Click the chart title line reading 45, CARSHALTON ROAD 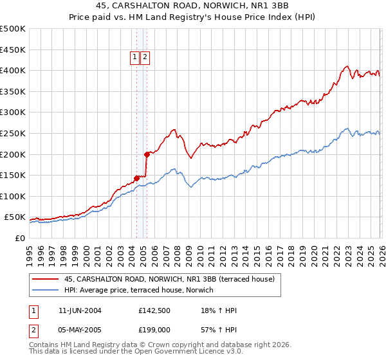pyautogui.click(x=193, y=7)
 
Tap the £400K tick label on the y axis pyautogui.click(x=13, y=70)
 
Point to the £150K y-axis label pyautogui.click(x=13, y=175)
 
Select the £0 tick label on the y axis pyautogui.click(x=19, y=238)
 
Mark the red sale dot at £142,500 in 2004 pyautogui.click(x=136, y=178)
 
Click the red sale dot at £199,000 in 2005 pyautogui.click(x=147, y=154)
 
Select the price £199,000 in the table pyautogui.click(x=154, y=328)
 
